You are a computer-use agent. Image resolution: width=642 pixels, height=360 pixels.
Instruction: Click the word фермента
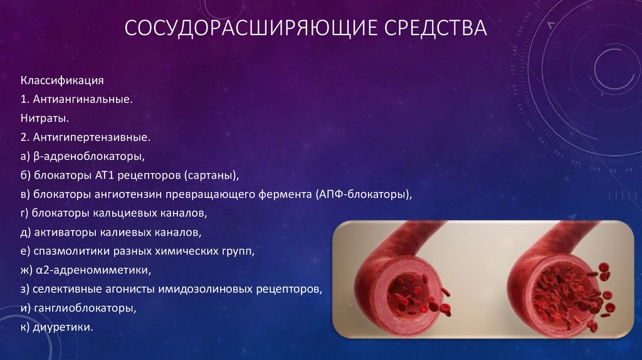(x=283, y=194)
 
